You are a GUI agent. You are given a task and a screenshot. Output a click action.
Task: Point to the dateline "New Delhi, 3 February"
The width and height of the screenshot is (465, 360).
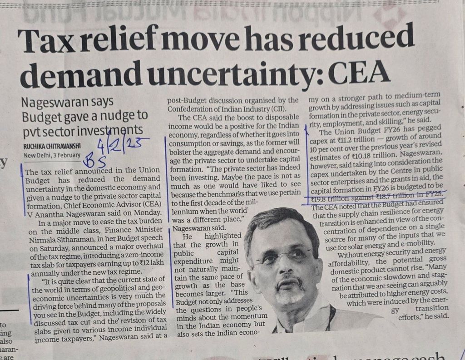point(52,155)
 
